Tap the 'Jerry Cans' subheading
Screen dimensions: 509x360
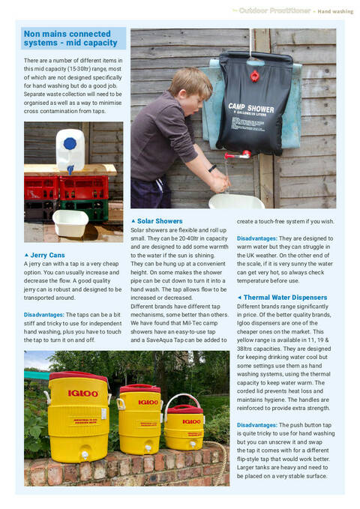48,255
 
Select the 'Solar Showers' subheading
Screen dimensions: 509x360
160,221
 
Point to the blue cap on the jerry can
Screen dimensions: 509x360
70,142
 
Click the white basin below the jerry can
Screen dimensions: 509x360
70,222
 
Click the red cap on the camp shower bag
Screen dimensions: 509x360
255,76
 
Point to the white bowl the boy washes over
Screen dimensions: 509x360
236,200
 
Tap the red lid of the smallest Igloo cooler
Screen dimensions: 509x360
184,408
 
